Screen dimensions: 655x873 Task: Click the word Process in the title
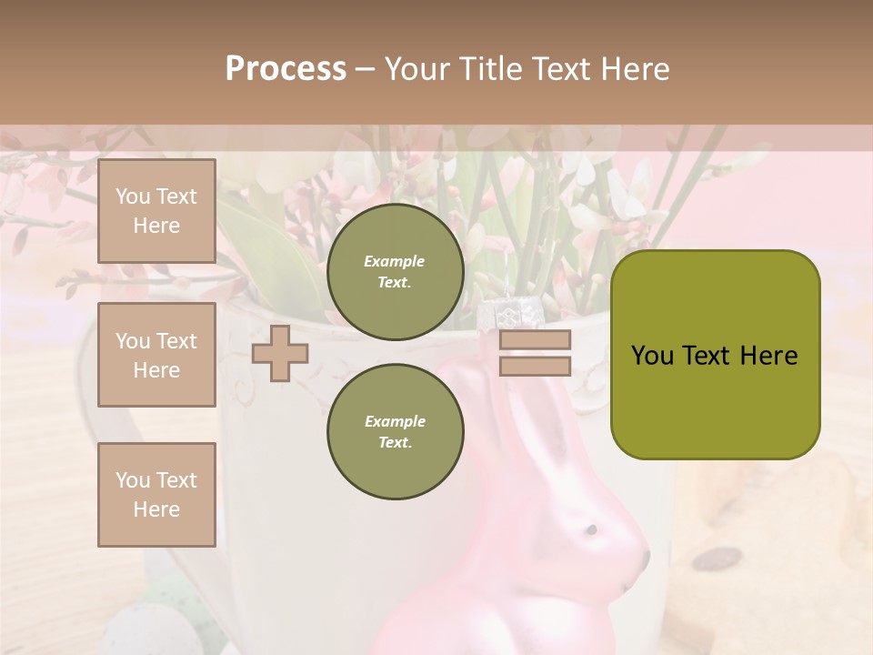coord(286,69)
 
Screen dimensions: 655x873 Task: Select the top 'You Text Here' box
coord(156,211)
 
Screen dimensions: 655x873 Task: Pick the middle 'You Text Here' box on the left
coord(156,355)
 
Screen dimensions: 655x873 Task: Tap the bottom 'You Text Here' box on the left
coord(156,494)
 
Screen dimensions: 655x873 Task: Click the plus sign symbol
coord(280,353)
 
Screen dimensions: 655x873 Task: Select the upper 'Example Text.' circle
coord(395,271)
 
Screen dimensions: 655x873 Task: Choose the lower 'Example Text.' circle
coord(395,431)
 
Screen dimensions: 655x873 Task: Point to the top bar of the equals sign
coord(535,339)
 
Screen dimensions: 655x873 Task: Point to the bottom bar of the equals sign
coord(535,366)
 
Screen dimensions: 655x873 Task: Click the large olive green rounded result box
coord(715,355)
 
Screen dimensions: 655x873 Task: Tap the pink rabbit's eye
coord(590,529)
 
